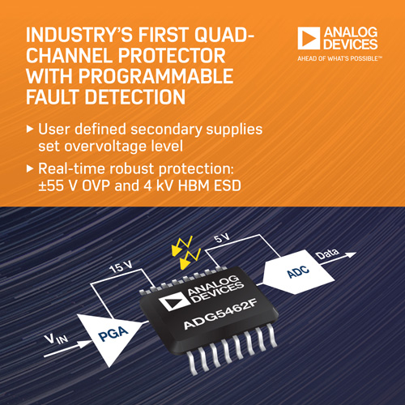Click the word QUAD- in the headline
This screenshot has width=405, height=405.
pyautogui.click(x=224, y=35)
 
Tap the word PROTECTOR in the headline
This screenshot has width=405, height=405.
pyautogui.click(x=172, y=56)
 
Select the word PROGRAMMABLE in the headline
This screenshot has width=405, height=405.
pyautogui.click(x=156, y=76)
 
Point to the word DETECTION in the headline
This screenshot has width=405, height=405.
pyautogui.click(x=135, y=97)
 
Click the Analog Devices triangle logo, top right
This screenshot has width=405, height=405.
pyautogui.click(x=309, y=38)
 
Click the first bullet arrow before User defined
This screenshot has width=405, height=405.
pyautogui.click(x=30, y=129)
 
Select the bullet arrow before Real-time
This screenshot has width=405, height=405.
pyautogui.click(x=30, y=168)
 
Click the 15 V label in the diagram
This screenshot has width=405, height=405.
pyautogui.click(x=121, y=267)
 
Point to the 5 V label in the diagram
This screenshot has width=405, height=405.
pyautogui.click(x=221, y=238)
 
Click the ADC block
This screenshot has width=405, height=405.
pyautogui.click(x=298, y=272)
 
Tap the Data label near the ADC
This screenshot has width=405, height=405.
pyautogui.click(x=327, y=254)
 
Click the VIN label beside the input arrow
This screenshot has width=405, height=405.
pyautogui.click(x=56, y=338)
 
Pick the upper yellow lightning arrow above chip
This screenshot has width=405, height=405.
pyautogui.click(x=182, y=245)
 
